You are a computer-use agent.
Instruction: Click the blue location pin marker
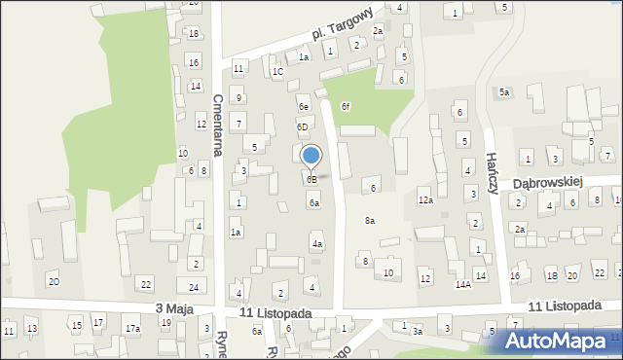coord(311,157)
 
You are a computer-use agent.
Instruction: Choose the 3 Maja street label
coord(174,308)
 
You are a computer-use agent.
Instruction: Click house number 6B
coord(311,180)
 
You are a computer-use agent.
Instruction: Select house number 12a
coord(425,200)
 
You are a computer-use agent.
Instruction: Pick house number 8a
coord(370,221)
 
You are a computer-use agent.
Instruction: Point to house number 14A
coord(463,284)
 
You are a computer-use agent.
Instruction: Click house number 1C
coord(277,71)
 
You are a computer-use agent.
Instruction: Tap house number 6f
coord(346,106)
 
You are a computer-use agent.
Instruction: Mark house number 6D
coord(303,126)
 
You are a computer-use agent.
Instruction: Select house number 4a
coord(317,243)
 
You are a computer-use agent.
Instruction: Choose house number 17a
coord(132,329)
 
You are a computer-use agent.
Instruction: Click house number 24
coord(194,287)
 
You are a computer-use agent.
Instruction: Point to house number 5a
coord(504,92)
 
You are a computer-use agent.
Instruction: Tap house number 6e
coord(304,107)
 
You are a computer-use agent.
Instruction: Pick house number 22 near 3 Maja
coord(146,284)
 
